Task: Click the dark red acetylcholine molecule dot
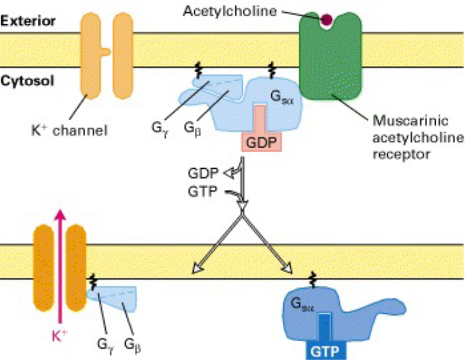[326, 21]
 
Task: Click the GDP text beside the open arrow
[202, 172]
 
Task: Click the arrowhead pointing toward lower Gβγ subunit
[196, 269]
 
